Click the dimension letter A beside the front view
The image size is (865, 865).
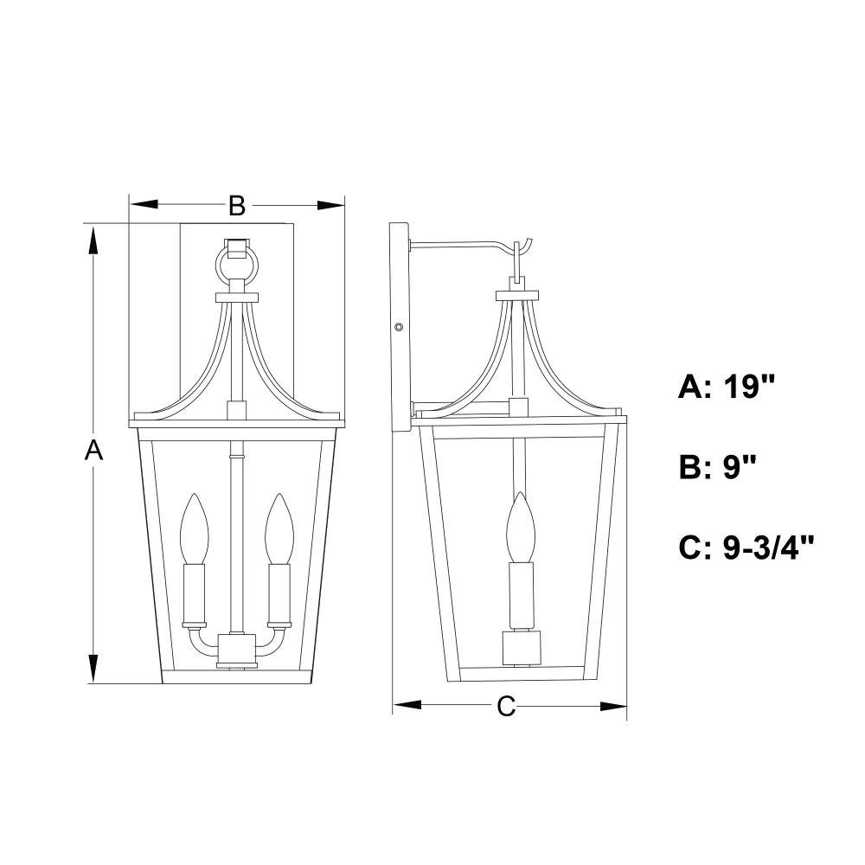pos(93,450)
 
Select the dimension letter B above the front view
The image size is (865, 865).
pos(237,206)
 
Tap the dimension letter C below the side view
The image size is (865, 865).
pos(506,706)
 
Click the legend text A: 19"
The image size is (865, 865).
pos(727,387)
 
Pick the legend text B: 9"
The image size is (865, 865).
pos(716,467)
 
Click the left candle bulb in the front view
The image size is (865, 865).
pos(194,529)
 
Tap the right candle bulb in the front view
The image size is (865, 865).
pos(278,529)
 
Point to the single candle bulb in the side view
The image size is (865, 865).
pos(521,527)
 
